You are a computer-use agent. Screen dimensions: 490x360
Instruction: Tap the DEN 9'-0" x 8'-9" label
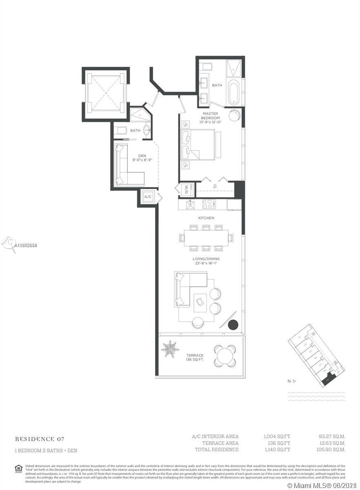[142, 158]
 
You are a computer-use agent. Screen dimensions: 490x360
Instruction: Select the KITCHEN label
[206, 218]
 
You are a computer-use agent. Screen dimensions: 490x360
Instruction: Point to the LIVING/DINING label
[206, 261]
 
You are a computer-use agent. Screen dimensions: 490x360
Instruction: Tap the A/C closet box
[148, 197]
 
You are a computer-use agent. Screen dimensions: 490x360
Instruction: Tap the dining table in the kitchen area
[206, 238]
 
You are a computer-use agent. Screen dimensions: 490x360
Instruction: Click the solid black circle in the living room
[233, 325]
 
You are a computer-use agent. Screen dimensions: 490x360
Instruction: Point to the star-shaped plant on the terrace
[170, 348]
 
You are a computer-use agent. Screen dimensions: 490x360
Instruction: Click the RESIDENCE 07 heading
[40, 439]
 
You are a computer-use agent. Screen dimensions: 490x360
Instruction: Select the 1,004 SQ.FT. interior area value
[277, 437]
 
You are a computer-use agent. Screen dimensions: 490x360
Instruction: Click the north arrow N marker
[291, 381]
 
